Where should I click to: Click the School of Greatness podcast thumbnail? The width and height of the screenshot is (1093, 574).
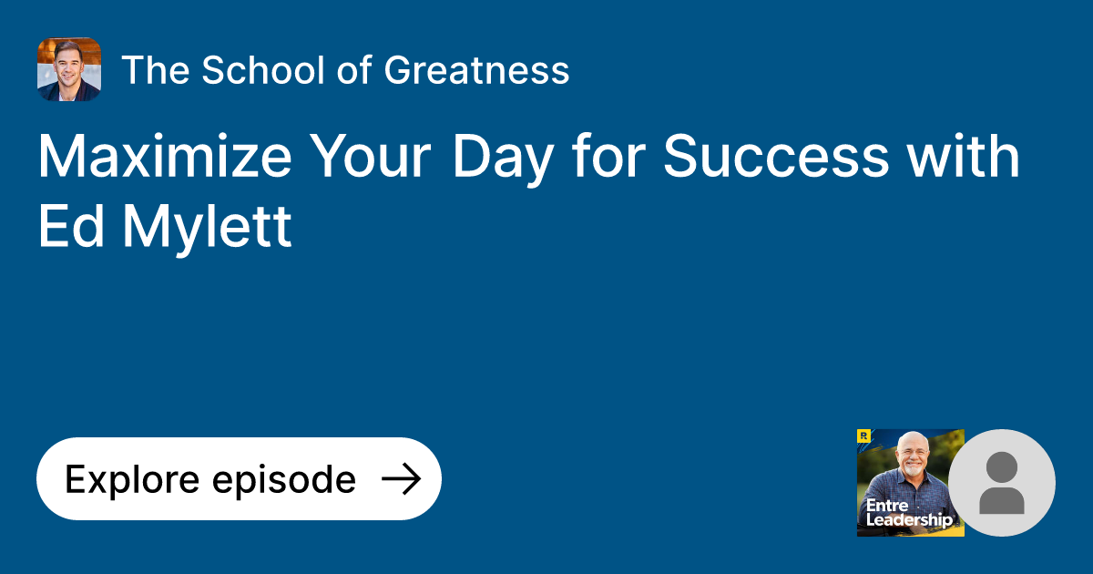pyautogui.click(x=69, y=69)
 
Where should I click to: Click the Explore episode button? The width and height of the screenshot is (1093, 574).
pyautogui.click(x=239, y=479)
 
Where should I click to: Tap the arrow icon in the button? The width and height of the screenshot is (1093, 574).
pyautogui.click(x=401, y=479)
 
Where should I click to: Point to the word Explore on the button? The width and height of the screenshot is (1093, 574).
pyautogui.click(x=131, y=479)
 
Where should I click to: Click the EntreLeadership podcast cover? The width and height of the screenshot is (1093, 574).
pyautogui.click(x=910, y=483)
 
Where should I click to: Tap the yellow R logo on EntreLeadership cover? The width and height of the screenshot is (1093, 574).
pyautogui.click(x=863, y=436)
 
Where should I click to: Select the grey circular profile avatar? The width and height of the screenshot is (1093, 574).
pyautogui.click(x=1002, y=483)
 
